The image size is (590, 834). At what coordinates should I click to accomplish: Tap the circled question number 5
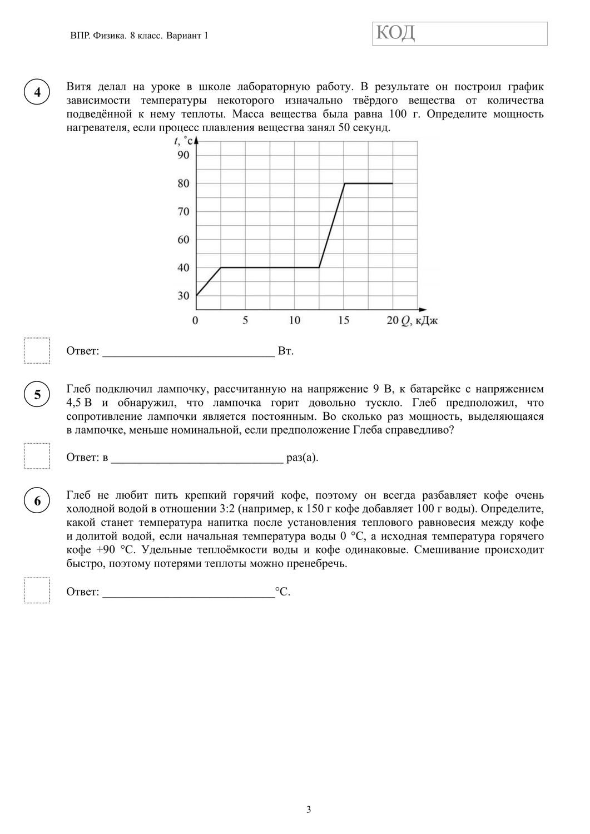(x=37, y=395)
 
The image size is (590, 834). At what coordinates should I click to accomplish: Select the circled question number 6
(x=37, y=501)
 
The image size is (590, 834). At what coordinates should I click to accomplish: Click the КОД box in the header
(x=460, y=33)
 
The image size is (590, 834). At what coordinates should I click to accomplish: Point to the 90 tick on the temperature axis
(x=184, y=155)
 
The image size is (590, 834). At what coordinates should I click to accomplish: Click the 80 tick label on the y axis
(x=184, y=183)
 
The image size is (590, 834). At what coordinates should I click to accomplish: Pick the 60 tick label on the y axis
(x=184, y=240)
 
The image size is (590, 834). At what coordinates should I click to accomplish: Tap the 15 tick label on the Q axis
(x=344, y=320)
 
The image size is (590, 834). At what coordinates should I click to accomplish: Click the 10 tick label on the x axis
(x=294, y=320)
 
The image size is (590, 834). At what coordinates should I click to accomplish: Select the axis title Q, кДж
(x=420, y=321)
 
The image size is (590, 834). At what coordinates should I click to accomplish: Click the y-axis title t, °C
(x=182, y=141)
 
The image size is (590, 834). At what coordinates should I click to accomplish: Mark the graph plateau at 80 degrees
(x=369, y=183)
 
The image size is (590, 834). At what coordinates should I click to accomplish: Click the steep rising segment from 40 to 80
(x=332, y=225)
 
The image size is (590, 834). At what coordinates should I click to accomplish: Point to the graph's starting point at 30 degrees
(x=197, y=295)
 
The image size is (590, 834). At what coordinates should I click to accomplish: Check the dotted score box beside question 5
(x=37, y=456)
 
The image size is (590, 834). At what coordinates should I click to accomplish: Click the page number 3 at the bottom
(x=309, y=810)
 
